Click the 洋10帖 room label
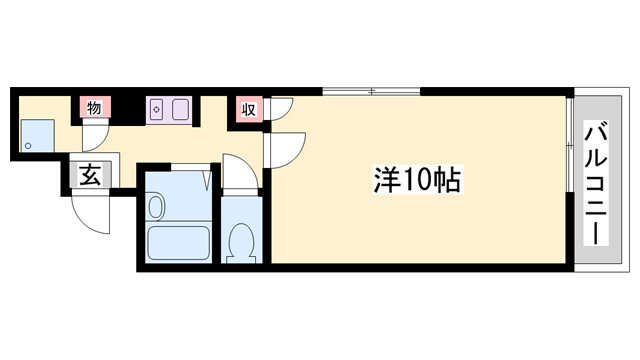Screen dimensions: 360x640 (416, 180)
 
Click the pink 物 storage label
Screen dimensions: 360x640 (93, 108)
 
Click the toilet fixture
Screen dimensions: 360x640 (241, 240)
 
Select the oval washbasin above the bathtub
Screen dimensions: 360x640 (155, 207)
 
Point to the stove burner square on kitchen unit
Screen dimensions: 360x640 (157, 109)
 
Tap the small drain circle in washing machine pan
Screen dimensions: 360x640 (28, 146)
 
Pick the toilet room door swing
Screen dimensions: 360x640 (238, 170)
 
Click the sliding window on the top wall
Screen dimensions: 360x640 (370, 93)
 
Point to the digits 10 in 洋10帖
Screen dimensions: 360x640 (417, 180)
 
